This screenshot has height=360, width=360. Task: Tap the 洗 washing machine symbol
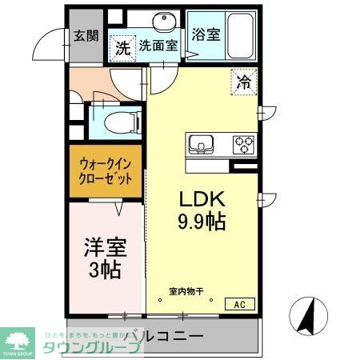click(122, 47)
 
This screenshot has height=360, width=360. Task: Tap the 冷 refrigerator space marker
click(244, 80)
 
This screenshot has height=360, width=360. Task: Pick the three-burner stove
click(244, 145)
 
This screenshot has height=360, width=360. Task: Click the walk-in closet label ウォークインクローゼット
click(105, 171)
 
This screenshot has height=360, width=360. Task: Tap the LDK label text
click(200, 199)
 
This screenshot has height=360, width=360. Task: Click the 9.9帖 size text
click(200, 221)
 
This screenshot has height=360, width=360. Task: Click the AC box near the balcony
click(239, 303)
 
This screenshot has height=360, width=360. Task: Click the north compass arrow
click(308, 314)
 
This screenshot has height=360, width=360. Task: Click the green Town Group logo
click(18, 340)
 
